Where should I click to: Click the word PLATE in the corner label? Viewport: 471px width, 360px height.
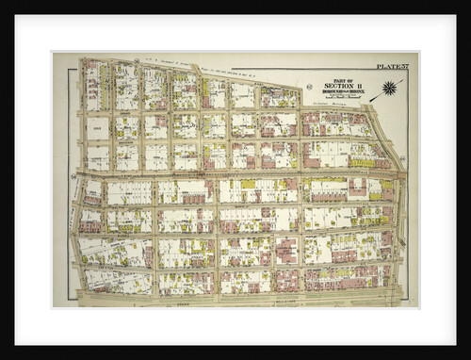click(386, 66)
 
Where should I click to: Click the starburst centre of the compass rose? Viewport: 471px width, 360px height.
click(388, 90)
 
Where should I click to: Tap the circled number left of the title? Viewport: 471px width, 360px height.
click(308, 88)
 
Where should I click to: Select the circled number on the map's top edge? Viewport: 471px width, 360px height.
click(138, 62)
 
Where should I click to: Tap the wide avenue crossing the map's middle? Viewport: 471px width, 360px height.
click(235, 172)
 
